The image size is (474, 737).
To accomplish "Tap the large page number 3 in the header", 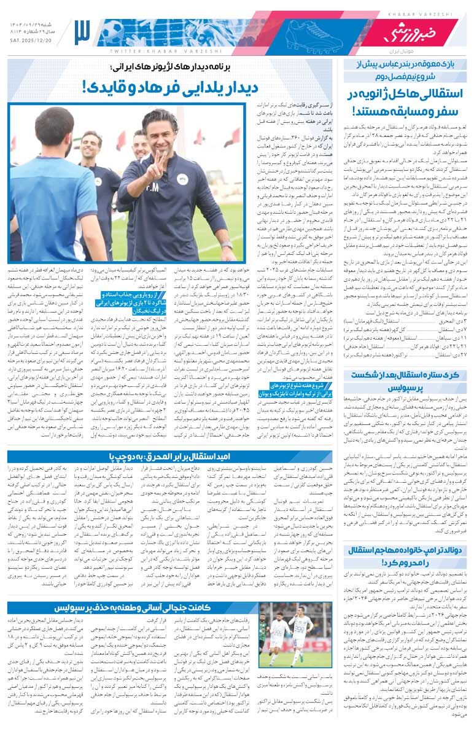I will coord(82,32).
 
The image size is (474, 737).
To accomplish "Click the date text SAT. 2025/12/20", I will coord(31,41).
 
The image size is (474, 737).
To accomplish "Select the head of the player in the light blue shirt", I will coord(53,127).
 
